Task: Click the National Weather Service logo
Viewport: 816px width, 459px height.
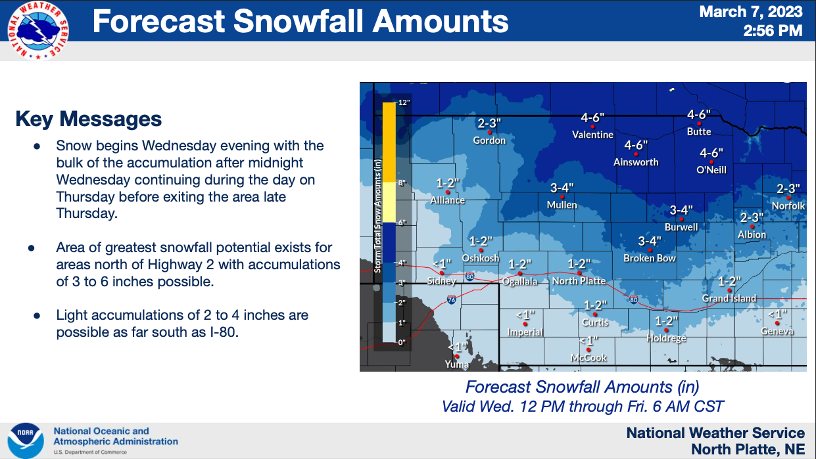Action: [38, 31]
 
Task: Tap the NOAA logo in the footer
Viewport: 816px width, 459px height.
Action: [26, 441]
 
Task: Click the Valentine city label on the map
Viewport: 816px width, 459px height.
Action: [592, 135]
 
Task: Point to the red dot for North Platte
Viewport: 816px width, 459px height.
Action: [579, 273]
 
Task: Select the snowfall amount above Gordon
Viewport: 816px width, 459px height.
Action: [489, 123]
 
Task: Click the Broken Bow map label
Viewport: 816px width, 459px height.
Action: [650, 258]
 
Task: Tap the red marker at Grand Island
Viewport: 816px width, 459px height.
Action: [729, 290]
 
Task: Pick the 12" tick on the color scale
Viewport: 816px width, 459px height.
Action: [404, 102]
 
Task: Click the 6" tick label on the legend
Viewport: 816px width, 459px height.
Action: [402, 223]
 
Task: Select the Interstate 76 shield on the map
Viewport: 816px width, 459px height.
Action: [451, 300]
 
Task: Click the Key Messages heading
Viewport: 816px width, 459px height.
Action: [89, 119]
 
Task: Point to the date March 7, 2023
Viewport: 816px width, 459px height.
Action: [751, 12]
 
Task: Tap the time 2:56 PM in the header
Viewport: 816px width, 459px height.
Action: [773, 31]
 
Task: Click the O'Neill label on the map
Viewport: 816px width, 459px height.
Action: [711, 170]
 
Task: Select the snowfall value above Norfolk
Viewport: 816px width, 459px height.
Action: [788, 188]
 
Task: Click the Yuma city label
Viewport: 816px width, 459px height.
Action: [457, 364]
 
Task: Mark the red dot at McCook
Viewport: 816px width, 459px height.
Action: [588, 350]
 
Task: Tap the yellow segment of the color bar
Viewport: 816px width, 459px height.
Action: [389, 202]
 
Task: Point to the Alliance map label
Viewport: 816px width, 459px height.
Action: [447, 200]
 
